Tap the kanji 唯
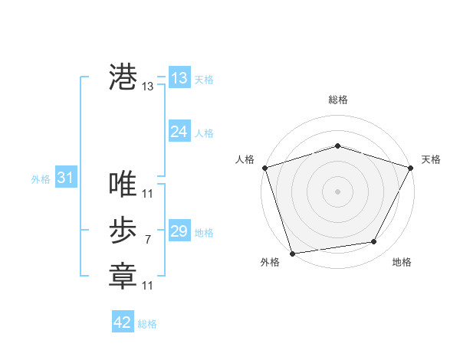123,184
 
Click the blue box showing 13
179,78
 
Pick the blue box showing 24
179,132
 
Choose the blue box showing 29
179,231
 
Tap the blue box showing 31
66,178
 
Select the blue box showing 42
123,322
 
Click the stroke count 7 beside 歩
147,240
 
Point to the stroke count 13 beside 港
148,87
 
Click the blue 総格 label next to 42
147,324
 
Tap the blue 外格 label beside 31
41,179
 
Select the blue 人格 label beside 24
204,133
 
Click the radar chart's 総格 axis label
338,100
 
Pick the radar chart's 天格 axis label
432,159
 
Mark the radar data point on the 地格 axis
374,242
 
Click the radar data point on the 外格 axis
292,253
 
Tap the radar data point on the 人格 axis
265,168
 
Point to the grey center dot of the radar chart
337,191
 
